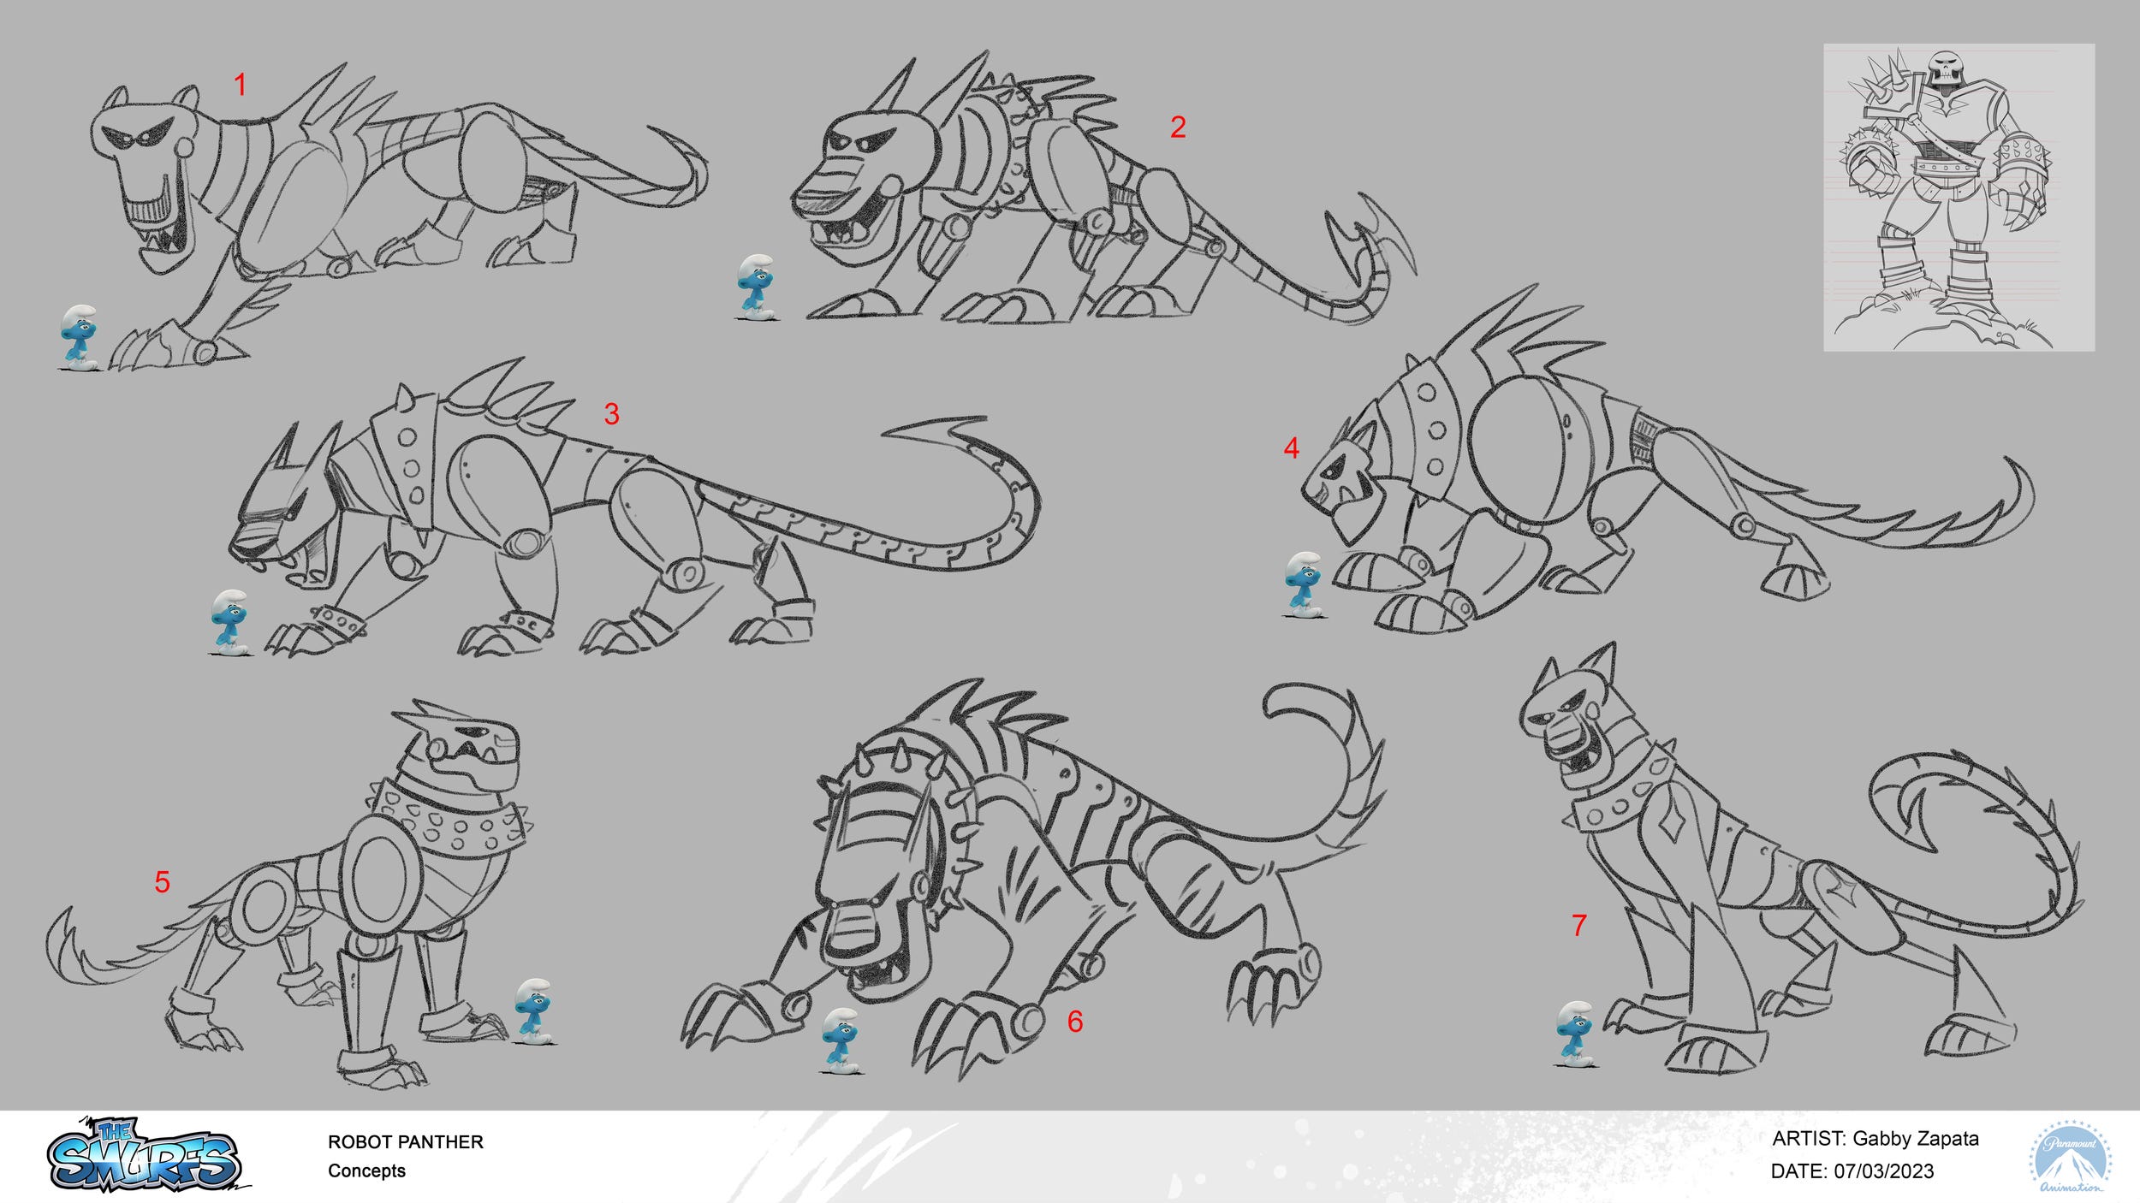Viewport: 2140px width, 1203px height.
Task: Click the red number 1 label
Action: click(241, 85)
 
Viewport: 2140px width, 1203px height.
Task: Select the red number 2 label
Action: click(1178, 127)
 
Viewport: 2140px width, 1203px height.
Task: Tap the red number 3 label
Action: click(611, 414)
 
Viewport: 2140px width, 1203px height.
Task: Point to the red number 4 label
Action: click(1292, 447)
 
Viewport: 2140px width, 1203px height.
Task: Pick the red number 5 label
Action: click(163, 882)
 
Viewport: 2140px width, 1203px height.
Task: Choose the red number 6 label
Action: click(1075, 1021)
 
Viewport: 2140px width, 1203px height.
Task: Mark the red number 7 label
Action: click(1579, 925)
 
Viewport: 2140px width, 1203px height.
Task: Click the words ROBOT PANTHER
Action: click(406, 1142)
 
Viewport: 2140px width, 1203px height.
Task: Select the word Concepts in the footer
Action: click(366, 1171)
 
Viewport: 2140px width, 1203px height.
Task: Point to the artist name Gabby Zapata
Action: click(1916, 1139)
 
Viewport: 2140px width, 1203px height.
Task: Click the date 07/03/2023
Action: click(1884, 1171)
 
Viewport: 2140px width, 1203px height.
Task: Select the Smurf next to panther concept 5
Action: click(534, 1012)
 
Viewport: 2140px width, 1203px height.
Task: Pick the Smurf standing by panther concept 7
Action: click(1574, 1034)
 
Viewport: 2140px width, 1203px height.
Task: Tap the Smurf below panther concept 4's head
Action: click(1304, 585)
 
